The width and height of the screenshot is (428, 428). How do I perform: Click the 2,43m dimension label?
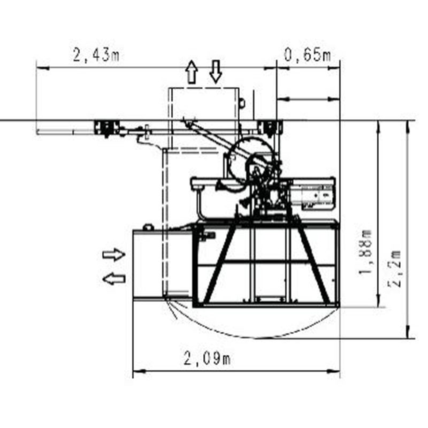[96, 55]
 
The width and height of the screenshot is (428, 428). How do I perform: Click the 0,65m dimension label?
[307, 55]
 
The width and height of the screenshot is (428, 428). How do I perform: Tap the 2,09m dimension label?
[207, 358]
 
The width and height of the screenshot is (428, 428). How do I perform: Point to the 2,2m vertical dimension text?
[395, 269]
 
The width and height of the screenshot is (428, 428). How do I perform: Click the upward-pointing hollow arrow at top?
[192, 72]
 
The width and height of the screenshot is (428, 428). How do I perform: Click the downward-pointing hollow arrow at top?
[216, 72]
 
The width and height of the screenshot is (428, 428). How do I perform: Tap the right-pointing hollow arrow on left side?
[114, 255]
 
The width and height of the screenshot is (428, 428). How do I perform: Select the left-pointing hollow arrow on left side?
[114, 279]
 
